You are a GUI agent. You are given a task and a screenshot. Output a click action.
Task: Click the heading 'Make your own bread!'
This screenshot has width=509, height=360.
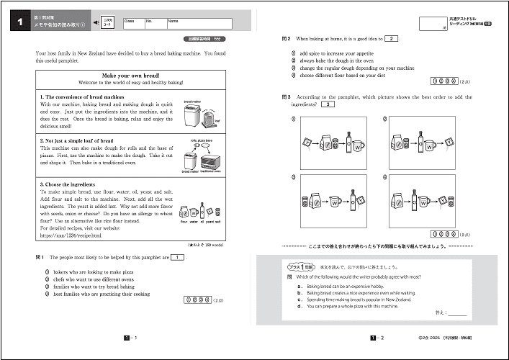point(131,75)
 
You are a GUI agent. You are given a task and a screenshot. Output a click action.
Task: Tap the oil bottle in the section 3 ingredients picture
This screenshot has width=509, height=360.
point(202,210)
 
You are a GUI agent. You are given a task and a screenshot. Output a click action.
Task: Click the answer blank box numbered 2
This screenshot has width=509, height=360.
point(390,39)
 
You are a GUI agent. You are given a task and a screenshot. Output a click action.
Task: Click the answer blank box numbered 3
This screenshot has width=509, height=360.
point(328,104)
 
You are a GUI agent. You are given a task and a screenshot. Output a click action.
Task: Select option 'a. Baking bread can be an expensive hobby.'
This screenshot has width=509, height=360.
point(356,286)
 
